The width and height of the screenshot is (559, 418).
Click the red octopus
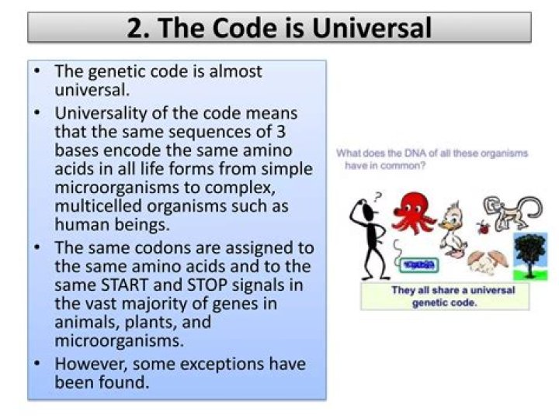tap(414, 210)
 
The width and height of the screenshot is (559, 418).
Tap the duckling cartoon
tap(452, 227)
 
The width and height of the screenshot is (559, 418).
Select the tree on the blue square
tap(531, 254)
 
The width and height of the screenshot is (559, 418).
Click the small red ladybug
tap(483, 227)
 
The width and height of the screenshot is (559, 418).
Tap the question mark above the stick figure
tap(377, 197)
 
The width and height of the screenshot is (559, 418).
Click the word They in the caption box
tap(404, 290)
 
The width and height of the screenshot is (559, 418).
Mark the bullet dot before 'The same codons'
tap(38, 247)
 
